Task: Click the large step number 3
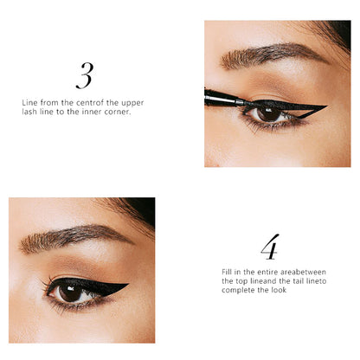point(84,76)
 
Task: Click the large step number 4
point(271,247)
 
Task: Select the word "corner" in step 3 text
point(119,112)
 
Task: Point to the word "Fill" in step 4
point(228,271)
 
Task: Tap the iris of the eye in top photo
point(266,112)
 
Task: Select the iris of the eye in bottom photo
point(69,293)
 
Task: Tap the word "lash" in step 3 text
point(30,112)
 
